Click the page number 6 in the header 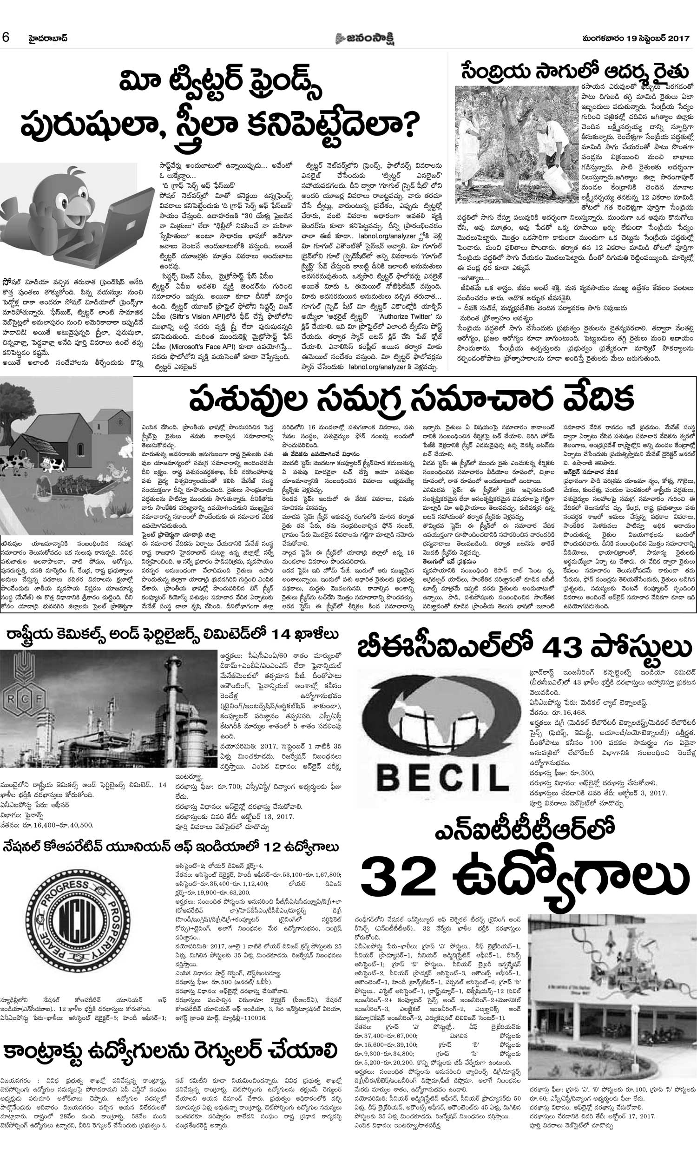click(x=6, y=37)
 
